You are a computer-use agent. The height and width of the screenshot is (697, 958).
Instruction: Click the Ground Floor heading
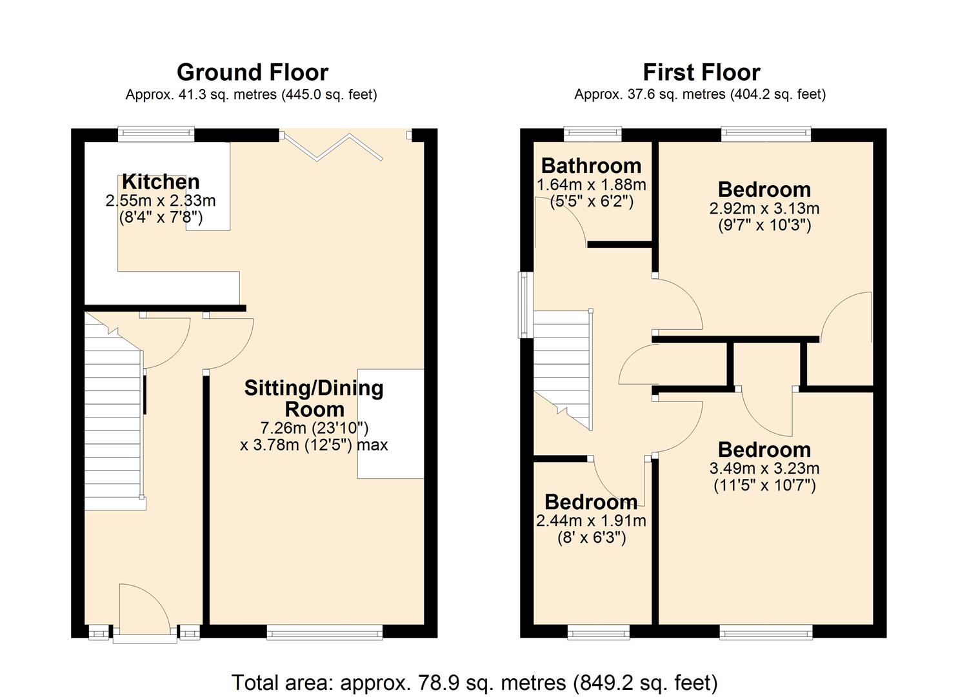pyautogui.click(x=252, y=72)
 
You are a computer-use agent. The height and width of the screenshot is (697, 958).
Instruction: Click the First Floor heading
pyautogui.click(x=701, y=72)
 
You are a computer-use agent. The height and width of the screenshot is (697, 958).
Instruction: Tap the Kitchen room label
pyautogui.click(x=161, y=182)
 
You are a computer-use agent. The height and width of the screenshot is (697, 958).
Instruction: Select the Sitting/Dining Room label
pyautogui.click(x=314, y=398)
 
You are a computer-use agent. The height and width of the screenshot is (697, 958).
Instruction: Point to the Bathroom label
pyautogui.click(x=591, y=166)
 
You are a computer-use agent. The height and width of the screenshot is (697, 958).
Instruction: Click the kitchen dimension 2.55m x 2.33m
pyautogui.click(x=161, y=201)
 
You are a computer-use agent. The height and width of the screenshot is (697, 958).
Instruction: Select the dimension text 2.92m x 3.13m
pyautogui.click(x=764, y=208)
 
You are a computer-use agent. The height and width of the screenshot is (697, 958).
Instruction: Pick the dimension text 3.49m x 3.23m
pyautogui.click(x=764, y=469)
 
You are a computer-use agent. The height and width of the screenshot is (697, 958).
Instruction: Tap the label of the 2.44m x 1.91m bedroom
pyautogui.click(x=591, y=502)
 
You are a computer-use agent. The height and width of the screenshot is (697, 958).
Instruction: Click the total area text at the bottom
pyautogui.click(x=474, y=682)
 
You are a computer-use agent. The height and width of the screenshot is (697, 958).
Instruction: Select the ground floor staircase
pyautogui.click(x=114, y=419)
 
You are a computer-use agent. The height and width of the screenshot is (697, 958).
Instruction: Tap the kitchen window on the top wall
pyautogui.click(x=156, y=134)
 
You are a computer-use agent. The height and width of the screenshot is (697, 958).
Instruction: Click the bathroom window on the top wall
pyautogui.click(x=592, y=134)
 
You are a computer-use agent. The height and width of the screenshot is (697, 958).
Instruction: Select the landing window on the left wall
pyautogui.click(x=526, y=305)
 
